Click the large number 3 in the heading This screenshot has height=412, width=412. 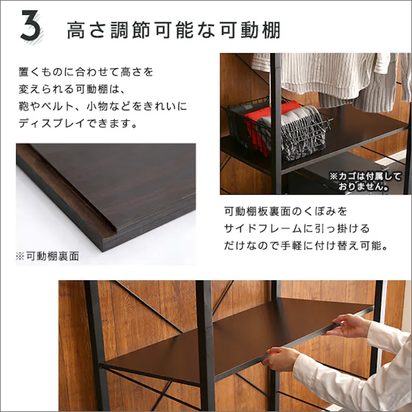tap(31, 27)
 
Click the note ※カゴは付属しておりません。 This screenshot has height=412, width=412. tap(358, 180)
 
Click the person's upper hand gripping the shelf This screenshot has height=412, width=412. tap(347, 326)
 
